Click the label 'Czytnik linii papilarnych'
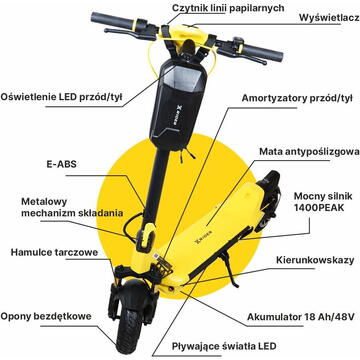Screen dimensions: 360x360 pyautogui.click(x=228, y=8)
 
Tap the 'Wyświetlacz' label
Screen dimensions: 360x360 pyautogui.click(x=329, y=18)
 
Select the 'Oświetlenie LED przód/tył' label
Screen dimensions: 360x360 pyautogui.click(x=62, y=97)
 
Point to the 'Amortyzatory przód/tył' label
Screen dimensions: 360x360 pyautogui.click(x=297, y=99)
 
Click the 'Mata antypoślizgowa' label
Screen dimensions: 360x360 pyautogui.click(x=309, y=152)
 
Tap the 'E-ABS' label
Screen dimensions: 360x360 pyautogui.click(x=61, y=164)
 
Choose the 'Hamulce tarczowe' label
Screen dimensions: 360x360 pyautogui.click(x=54, y=252)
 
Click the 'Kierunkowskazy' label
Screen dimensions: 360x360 pyautogui.click(x=315, y=260)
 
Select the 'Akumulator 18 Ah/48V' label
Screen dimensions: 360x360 pyautogui.click(x=300, y=317)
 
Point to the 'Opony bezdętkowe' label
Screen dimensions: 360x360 pyautogui.click(x=46, y=316)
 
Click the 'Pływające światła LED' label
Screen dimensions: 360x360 pyautogui.click(x=224, y=346)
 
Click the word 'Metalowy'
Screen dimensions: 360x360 pyautogui.click(x=44, y=202)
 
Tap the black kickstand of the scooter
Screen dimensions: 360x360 pyautogui.click(x=229, y=268)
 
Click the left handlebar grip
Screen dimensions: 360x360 pyautogui.click(x=112, y=20)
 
